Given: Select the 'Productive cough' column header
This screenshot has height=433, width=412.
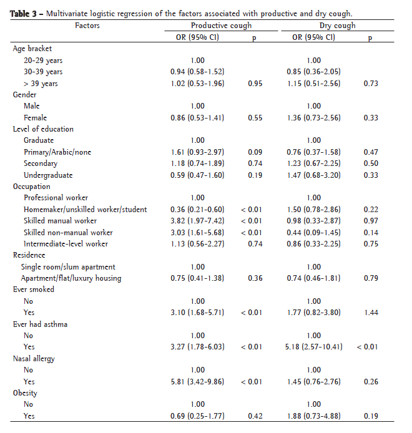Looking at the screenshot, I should [222, 26].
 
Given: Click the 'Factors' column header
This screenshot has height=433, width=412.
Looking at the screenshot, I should [87, 26].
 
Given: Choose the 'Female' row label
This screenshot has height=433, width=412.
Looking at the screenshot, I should [35, 117].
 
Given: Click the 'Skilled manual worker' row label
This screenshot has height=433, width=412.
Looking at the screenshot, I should [60, 221].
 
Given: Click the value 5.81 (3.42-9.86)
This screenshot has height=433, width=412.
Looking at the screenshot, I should [197, 381].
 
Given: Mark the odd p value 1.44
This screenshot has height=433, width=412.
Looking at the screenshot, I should [371, 313].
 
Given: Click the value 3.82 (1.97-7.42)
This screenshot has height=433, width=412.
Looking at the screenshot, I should [197, 221].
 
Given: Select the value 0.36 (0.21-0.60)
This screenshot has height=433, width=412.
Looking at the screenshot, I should [197, 209].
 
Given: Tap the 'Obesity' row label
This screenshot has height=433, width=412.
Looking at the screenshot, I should [25, 393].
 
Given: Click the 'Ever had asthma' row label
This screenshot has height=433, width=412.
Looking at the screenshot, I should [40, 324].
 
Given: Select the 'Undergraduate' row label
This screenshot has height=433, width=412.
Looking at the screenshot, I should [48, 175].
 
